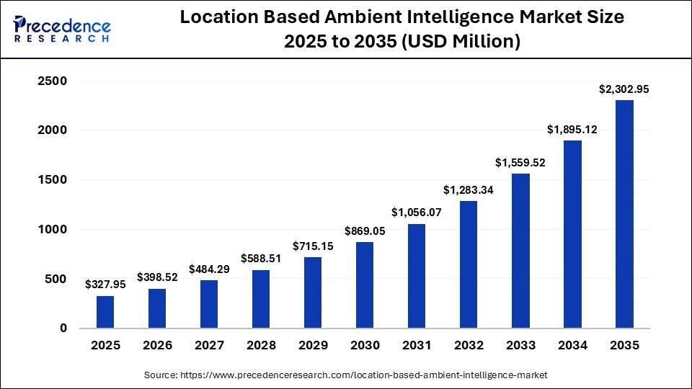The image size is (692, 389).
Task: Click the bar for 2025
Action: point(105,311)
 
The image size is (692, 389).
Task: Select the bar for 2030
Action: point(365,285)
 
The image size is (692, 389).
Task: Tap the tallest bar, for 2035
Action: point(624,214)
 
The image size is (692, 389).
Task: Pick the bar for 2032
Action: point(469,264)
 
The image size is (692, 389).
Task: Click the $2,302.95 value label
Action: point(624,89)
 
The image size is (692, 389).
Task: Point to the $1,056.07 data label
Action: point(417,213)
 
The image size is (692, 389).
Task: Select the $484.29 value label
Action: point(209,269)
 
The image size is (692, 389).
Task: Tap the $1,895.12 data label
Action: point(572,129)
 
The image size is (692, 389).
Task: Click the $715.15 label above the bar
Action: point(313,246)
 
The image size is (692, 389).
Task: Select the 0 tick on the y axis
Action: point(63,328)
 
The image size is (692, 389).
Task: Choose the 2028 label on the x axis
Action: point(261,346)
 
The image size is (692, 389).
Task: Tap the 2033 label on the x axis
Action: point(520,346)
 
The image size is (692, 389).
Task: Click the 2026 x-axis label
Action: point(157,346)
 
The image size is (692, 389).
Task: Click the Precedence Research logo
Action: point(62,29)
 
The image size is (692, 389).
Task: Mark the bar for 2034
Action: point(572,234)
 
